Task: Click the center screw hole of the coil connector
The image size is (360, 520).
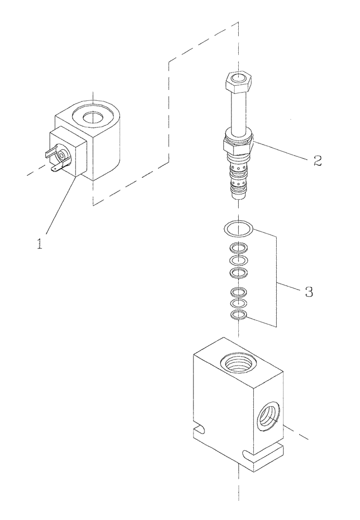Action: [62, 154]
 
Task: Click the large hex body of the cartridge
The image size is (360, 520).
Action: [237, 145]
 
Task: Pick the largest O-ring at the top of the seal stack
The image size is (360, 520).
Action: [238, 228]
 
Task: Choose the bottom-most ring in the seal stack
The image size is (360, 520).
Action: [238, 315]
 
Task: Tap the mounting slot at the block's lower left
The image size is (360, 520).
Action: [197, 430]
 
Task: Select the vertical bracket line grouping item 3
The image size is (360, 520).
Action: [275, 281]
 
